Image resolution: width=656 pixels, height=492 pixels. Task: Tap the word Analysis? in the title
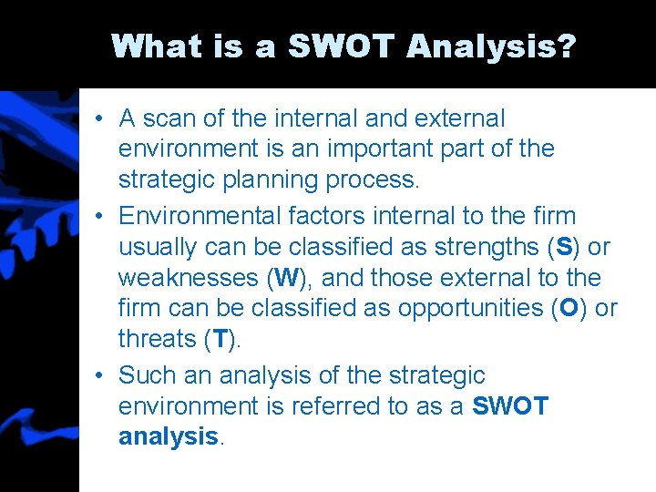[x=493, y=46]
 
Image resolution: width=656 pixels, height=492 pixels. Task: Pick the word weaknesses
[x=189, y=277]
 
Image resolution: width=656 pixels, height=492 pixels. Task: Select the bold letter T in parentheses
[x=220, y=339]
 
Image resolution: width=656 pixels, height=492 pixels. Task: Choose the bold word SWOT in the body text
[x=510, y=406]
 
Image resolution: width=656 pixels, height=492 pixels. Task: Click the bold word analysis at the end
[x=169, y=437]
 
